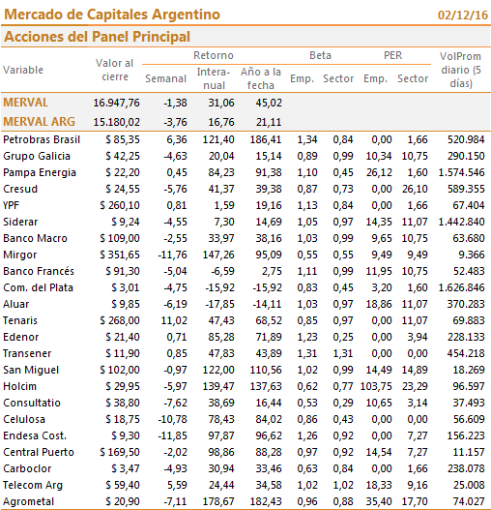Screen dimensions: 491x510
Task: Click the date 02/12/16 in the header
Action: (x=463, y=15)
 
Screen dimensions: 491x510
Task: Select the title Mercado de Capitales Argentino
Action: (x=112, y=15)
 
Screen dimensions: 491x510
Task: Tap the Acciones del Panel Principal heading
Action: (x=97, y=37)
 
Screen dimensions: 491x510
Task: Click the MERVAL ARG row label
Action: (x=39, y=122)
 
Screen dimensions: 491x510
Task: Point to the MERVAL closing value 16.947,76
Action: (x=116, y=103)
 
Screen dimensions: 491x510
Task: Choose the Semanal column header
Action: (x=165, y=78)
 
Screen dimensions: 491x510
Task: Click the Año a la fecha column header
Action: (x=261, y=78)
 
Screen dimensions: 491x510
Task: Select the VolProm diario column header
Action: (x=460, y=70)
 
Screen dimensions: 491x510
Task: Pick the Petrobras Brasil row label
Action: (x=42, y=139)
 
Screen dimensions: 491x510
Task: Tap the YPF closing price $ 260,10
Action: (x=120, y=205)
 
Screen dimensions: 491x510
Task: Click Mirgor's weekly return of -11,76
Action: (x=173, y=255)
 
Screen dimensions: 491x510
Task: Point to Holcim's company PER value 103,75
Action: (x=376, y=386)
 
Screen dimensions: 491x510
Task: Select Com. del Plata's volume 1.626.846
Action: (x=461, y=287)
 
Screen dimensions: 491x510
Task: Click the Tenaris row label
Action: (x=20, y=320)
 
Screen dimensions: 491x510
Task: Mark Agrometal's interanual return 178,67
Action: (x=218, y=501)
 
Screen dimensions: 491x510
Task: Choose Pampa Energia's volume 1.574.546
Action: (x=461, y=172)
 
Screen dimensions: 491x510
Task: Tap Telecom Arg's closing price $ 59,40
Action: (x=123, y=485)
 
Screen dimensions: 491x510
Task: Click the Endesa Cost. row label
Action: (x=35, y=435)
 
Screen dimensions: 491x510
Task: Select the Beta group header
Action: (x=320, y=55)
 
